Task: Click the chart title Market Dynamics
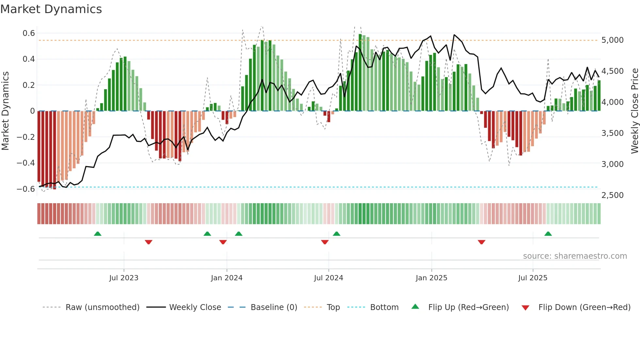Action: pos(51,9)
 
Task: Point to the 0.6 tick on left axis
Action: pos(29,33)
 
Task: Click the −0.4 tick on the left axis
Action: pos(26,163)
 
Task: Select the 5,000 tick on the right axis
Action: pos(612,40)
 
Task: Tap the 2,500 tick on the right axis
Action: pos(612,195)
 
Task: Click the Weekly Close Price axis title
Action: pos(634,111)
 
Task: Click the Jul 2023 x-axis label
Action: pos(124,278)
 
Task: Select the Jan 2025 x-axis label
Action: pos(431,278)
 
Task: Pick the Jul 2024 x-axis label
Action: pos(328,278)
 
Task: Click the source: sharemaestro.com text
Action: pos(575,256)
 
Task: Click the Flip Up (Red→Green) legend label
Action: pos(468,307)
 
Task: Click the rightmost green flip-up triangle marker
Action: pos(548,234)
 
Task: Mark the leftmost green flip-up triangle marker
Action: pos(98,234)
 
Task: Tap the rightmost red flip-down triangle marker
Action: pos(481,242)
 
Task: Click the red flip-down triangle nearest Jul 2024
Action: pos(325,242)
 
